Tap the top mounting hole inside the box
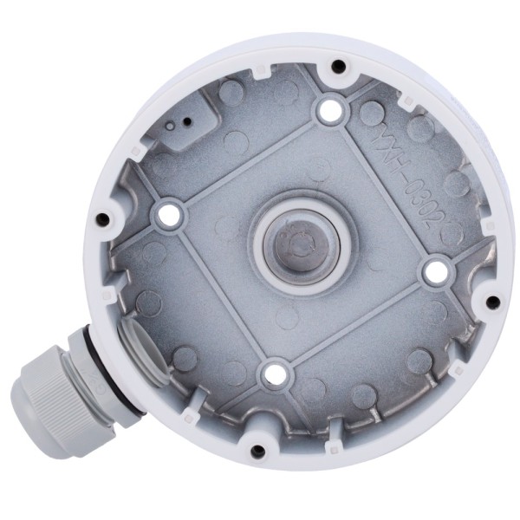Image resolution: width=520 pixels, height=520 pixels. pos(328,110)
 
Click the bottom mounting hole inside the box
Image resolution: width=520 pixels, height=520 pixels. pos(274,374)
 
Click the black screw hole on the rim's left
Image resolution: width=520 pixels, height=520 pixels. pos(104,218)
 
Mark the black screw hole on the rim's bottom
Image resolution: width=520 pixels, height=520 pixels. pos(257,451)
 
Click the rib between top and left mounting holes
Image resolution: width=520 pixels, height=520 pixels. pos(249,161)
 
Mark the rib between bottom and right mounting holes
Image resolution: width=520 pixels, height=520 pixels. pos(353,322)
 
